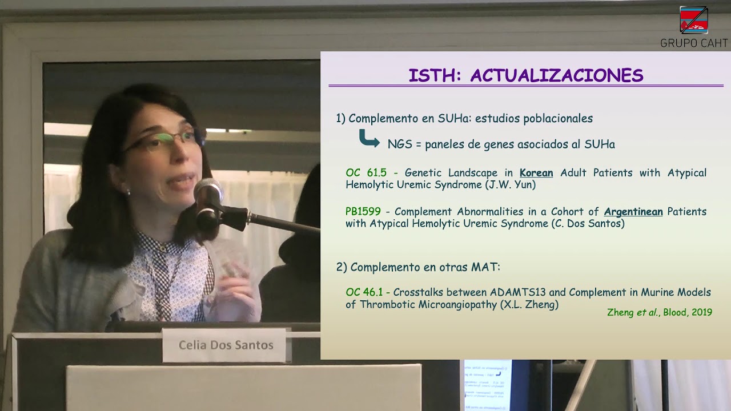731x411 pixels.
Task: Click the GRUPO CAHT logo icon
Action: click(x=694, y=20)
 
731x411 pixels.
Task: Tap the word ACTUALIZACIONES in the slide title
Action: click(x=557, y=75)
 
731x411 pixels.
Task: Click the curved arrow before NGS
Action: click(x=369, y=138)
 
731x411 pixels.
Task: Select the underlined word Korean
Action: click(x=536, y=172)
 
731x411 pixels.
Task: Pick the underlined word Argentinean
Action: click(x=633, y=211)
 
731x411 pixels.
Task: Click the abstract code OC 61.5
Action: click(x=366, y=172)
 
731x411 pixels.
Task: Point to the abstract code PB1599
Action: click(x=363, y=211)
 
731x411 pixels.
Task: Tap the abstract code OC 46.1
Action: click(x=364, y=292)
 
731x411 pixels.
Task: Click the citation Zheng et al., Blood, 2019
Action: click(x=660, y=312)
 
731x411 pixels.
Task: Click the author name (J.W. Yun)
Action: click(x=511, y=184)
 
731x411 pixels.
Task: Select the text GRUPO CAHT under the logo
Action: click(x=694, y=43)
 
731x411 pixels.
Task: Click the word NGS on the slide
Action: click(x=400, y=144)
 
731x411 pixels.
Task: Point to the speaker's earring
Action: click(x=128, y=192)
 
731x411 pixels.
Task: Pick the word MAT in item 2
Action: click(x=485, y=267)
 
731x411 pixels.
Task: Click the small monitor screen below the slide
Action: click(x=488, y=385)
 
